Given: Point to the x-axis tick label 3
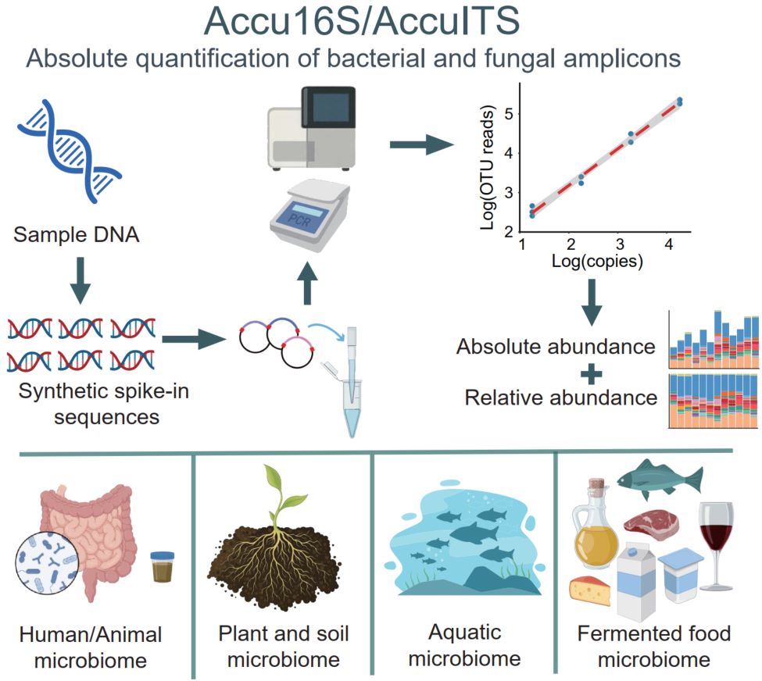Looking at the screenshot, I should tap(620, 244).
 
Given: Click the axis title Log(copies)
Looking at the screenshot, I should tap(596, 262).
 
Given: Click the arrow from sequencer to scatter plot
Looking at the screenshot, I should tap(423, 144).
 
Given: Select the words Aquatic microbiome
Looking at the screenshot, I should tap(465, 644).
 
